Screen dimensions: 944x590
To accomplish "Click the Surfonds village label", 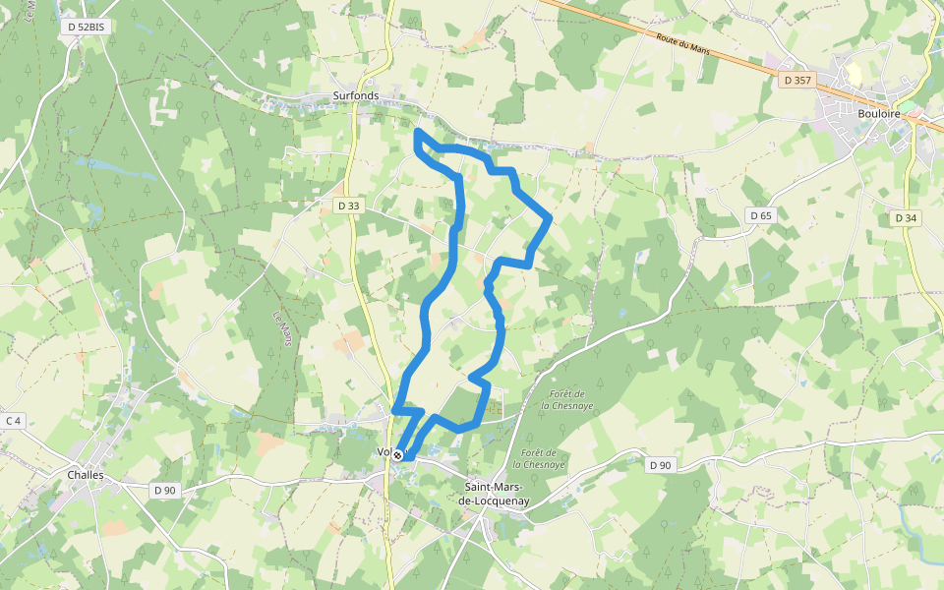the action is pyautogui.click(x=355, y=96).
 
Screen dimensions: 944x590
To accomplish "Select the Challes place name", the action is pyautogui.click(x=86, y=475).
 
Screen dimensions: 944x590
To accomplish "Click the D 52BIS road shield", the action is pyautogui.click(x=83, y=27).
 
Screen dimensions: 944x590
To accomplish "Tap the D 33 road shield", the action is pyautogui.click(x=348, y=206).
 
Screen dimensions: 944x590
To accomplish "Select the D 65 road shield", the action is pyautogui.click(x=760, y=215).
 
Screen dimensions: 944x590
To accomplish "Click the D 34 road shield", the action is pyautogui.click(x=906, y=217).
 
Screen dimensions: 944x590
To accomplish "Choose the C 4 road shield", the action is pyautogui.click(x=12, y=421).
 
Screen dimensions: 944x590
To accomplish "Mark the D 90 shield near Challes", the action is pyautogui.click(x=164, y=490).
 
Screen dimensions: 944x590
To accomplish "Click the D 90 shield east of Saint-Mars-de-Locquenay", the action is pyautogui.click(x=660, y=465).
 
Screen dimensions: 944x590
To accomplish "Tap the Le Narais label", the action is pyautogui.click(x=282, y=328).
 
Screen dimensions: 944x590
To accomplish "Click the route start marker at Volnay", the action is pyautogui.click(x=397, y=454).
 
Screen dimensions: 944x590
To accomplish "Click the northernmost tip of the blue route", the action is pyautogui.click(x=418, y=131).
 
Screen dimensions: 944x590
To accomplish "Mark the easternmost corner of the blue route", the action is pyautogui.click(x=549, y=217).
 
